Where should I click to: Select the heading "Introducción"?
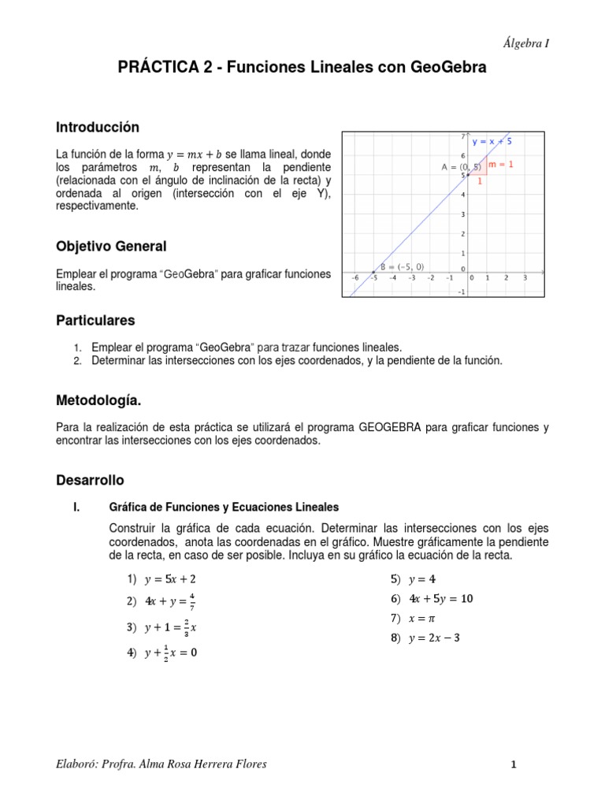(x=97, y=127)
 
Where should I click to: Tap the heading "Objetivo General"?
(x=110, y=247)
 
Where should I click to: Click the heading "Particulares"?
(x=95, y=320)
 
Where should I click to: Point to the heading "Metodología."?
(x=98, y=401)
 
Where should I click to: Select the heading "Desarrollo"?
(x=90, y=479)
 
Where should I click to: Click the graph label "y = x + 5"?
(x=492, y=142)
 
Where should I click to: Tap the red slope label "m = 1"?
(x=501, y=165)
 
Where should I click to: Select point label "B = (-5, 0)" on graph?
(x=402, y=266)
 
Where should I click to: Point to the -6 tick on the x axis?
(x=355, y=277)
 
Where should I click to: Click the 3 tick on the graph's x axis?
(x=525, y=277)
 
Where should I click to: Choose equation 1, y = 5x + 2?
(x=170, y=578)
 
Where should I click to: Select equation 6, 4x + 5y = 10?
(x=441, y=598)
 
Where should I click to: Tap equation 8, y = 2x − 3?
(x=434, y=638)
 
